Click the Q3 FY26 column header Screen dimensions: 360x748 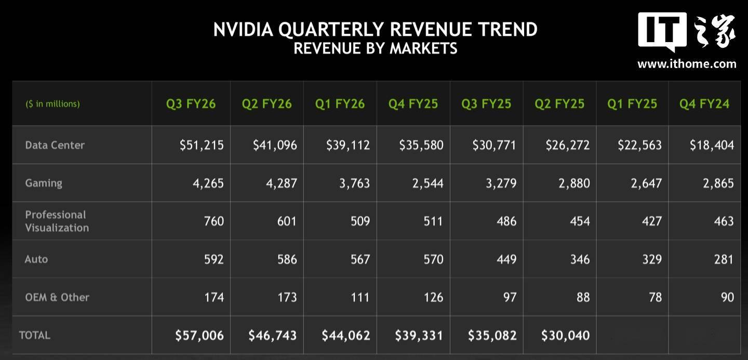click(191, 104)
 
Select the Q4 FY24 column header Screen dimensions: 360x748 click(704, 104)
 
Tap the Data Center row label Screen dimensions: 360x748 click(55, 145)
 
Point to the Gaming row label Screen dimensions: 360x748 click(44, 183)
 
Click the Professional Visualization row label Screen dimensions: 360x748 click(57, 221)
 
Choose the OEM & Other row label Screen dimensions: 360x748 click(57, 297)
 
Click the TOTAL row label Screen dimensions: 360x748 click(35, 335)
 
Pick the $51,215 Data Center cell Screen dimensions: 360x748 click(202, 145)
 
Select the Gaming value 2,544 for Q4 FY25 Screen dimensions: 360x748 click(428, 183)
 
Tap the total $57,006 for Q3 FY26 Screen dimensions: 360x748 click(199, 336)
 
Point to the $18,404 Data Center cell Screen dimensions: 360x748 click(712, 145)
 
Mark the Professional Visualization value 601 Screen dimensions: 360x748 click(286, 221)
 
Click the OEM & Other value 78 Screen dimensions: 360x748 click(655, 297)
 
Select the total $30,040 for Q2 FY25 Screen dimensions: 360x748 click(565, 336)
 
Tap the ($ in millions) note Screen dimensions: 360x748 click(53, 104)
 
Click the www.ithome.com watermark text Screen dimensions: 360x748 click(687, 64)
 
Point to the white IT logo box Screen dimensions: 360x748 click(662, 31)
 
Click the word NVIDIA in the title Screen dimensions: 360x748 click(243, 30)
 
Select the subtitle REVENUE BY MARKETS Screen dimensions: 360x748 click(375, 48)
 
